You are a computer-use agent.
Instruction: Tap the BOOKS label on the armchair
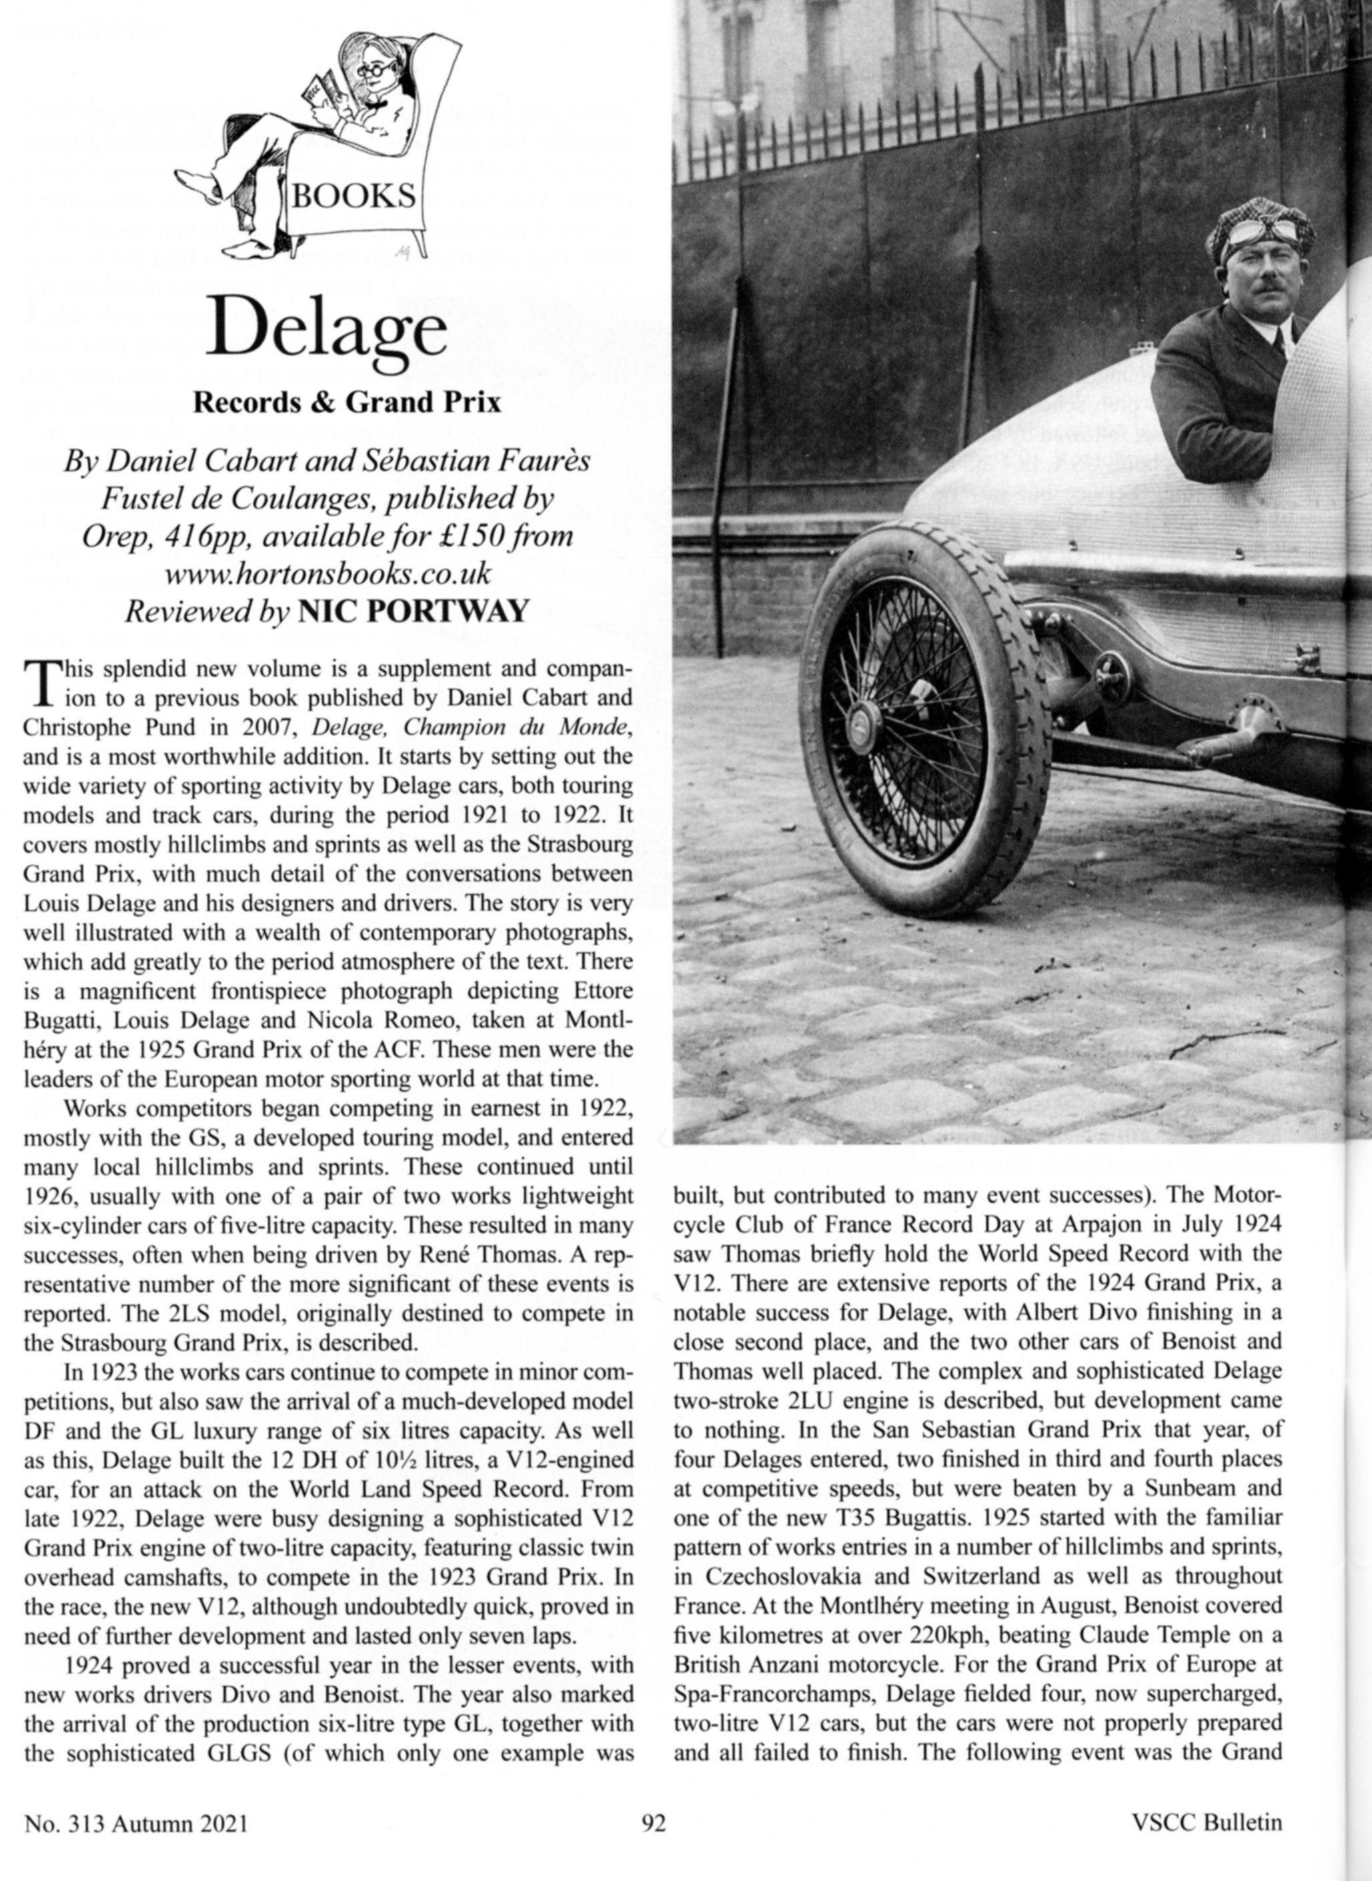(x=354, y=197)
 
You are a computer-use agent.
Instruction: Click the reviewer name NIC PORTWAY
(x=412, y=611)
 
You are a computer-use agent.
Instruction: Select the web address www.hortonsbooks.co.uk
(x=328, y=573)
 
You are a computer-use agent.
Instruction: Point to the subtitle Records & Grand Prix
(x=347, y=403)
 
